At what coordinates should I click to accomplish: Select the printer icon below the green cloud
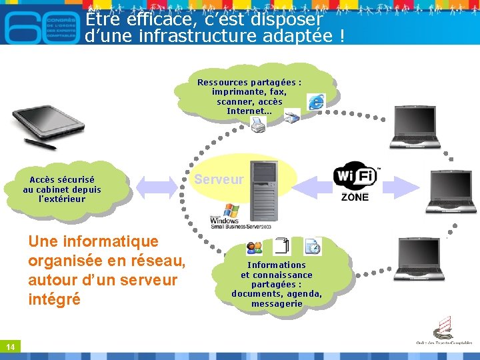click(x=258, y=124)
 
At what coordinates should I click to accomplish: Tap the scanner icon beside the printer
click(x=292, y=117)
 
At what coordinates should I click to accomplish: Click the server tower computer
click(x=263, y=187)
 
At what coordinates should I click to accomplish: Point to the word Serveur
click(x=219, y=179)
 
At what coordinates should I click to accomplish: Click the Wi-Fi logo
click(x=355, y=176)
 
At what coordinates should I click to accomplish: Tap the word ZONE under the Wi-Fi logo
click(x=355, y=197)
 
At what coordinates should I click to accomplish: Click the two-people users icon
click(x=254, y=248)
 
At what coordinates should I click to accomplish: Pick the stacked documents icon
click(x=282, y=246)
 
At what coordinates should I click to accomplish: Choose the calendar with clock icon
click(x=312, y=247)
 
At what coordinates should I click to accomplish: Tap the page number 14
click(x=11, y=347)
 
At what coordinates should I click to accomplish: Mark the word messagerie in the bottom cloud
click(x=277, y=303)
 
